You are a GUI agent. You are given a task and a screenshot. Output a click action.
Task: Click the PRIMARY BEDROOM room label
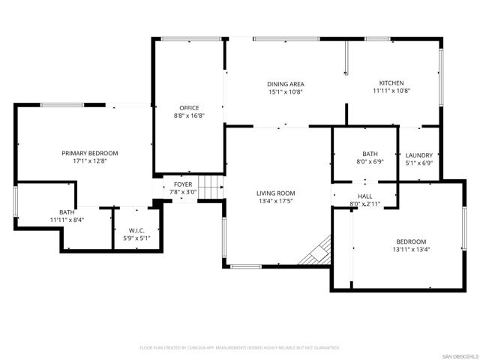coord(89,153)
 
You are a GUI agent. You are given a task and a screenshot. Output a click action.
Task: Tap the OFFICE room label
coord(189,108)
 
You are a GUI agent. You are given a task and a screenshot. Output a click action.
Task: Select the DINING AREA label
coord(286,84)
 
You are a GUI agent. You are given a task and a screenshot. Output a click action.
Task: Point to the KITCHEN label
coord(391,83)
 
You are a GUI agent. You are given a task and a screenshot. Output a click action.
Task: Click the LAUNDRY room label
coord(418,155)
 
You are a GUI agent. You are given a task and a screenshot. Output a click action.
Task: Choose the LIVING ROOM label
coord(275,193)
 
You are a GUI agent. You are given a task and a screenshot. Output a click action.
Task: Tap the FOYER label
coord(183,184)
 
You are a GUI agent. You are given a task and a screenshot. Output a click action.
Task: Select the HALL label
coord(365,196)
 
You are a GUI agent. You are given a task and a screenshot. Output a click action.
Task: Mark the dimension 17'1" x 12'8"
coord(89,160)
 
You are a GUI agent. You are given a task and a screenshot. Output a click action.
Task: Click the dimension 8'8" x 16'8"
coord(189,115)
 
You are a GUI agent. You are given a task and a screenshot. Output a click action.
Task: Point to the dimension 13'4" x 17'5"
coord(275,201)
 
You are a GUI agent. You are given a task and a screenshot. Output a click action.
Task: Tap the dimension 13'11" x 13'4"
coord(410,250)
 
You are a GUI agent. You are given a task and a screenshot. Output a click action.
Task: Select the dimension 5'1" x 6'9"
coord(418,163)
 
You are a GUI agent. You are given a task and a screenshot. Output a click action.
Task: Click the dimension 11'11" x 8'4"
coord(67,220)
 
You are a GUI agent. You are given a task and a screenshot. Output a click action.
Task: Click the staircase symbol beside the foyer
coord(215,187)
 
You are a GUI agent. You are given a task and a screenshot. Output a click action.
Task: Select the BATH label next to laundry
coord(370,153)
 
